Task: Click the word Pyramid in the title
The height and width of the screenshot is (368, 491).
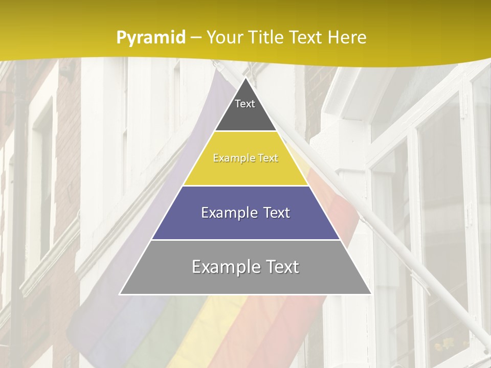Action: click(x=150, y=38)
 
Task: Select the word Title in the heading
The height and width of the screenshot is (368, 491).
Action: click(x=266, y=37)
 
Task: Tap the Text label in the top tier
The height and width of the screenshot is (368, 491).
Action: click(x=245, y=104)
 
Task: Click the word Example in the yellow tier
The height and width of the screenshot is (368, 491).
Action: click(x=229, y=158)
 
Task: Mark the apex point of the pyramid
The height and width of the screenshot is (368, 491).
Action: click(x=245, y=78)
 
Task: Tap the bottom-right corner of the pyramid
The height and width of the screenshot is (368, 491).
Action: click(x=371, y=294)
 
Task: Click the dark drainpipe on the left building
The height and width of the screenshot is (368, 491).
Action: click(x=19, y=204)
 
